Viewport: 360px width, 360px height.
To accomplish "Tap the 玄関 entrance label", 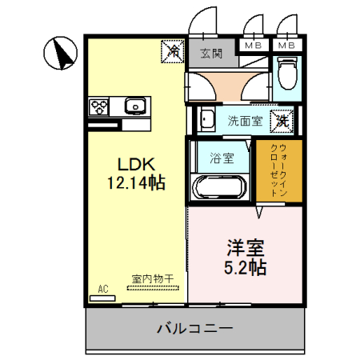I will [x=211, y=54].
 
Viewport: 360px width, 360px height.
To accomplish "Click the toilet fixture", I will [x=287, y=77].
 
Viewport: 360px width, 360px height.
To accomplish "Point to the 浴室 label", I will [x=221, y=158].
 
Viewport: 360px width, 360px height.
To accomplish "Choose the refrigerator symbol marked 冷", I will [x=173, y=51].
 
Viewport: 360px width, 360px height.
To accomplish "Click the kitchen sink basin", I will [x=134, y=106].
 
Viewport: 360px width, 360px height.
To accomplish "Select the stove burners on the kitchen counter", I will [x=101, y=106].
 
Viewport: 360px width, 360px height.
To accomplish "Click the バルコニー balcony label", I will [x=194, y=328].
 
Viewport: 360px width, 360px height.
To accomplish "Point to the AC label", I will [x=103, y=288].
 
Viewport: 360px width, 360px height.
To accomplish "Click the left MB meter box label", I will [x=253, y=46].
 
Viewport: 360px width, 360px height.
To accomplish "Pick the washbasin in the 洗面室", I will [x=206, y=121].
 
